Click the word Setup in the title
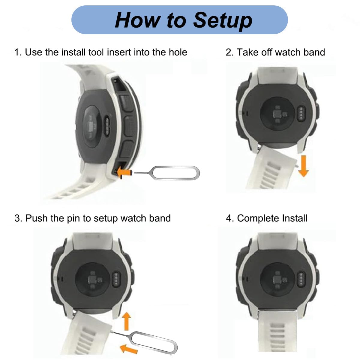click(x=222, y=20)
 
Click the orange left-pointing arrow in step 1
click(x=124, y=172)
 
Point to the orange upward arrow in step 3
click(x=127, y=321)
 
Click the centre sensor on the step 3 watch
click(x=94, y=279)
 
